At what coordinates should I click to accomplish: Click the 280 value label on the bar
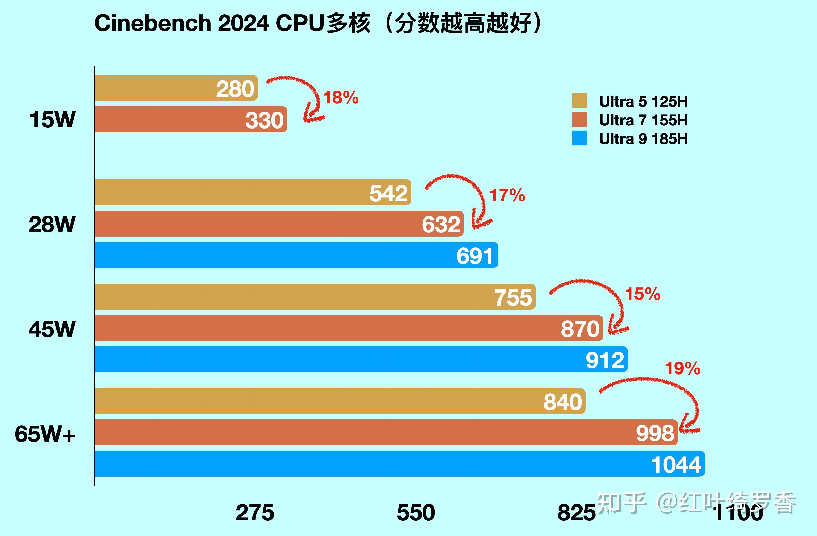coord(235,89)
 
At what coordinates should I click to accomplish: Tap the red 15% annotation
coord(642,294)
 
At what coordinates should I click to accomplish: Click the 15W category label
coord(52,120)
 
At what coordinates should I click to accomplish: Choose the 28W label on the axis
coord(52,225)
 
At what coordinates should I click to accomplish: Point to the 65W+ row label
coord(45,434)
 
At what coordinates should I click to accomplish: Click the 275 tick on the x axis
coord(255,513)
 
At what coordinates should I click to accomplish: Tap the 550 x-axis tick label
coord(416,513)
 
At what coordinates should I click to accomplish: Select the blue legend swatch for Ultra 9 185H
coord(580,138)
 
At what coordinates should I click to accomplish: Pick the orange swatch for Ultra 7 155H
coord(580,120)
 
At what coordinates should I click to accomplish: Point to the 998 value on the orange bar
coord(655,433)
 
